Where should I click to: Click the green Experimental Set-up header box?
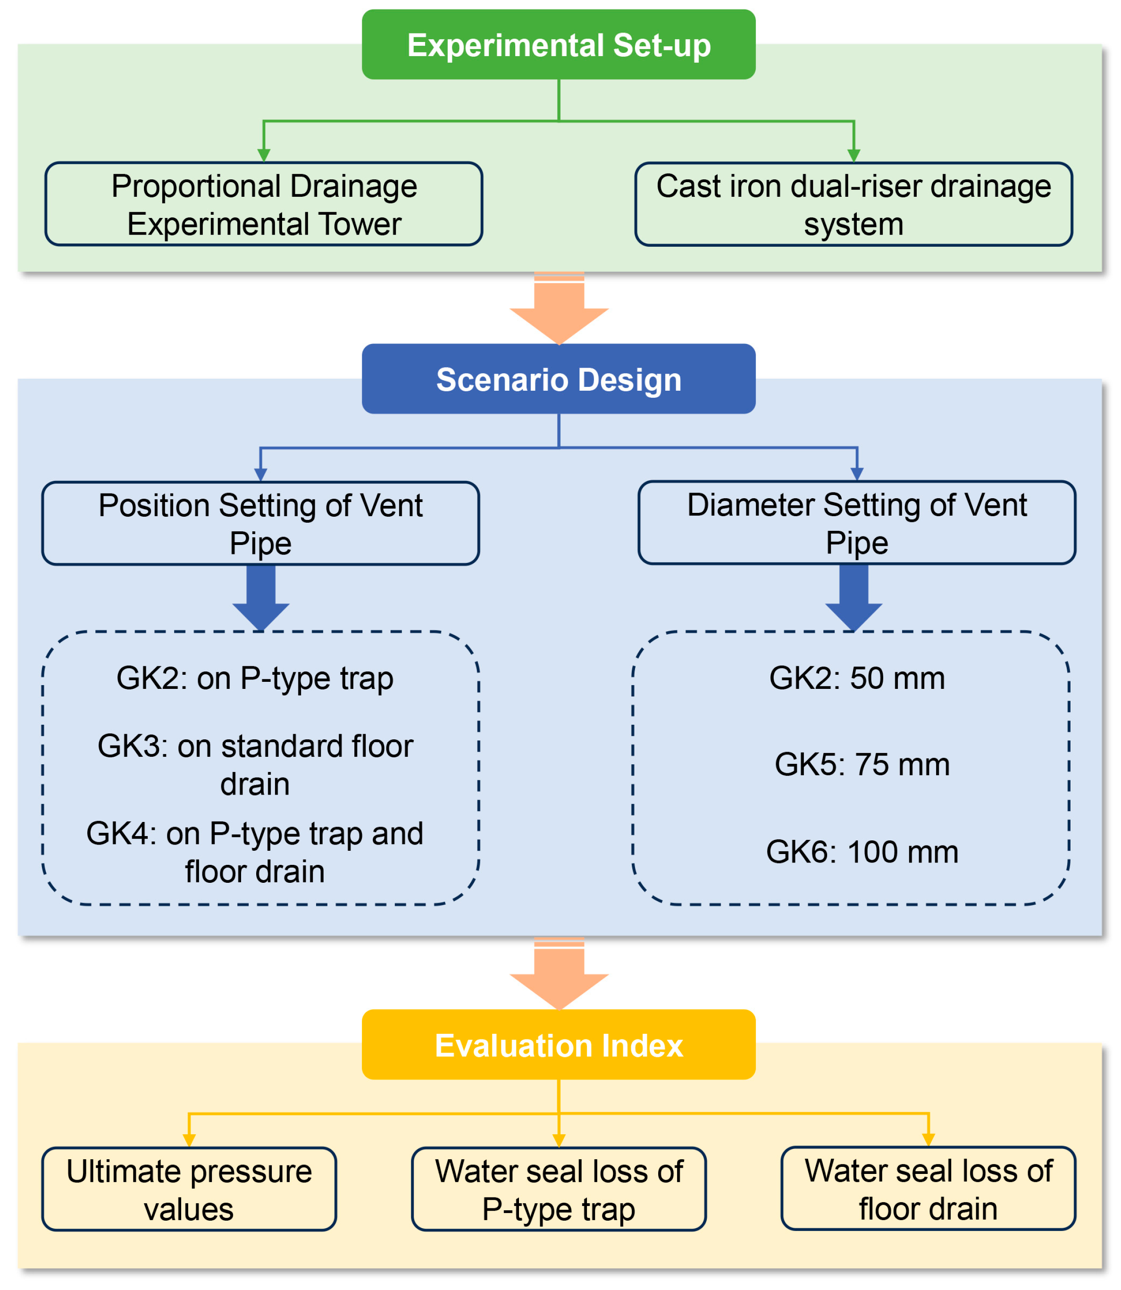point(559,44)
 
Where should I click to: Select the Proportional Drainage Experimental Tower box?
point(263,204)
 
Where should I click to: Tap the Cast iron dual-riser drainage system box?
point(853,204)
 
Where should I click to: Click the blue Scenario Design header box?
point(559,378)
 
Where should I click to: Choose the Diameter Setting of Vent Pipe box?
point(856,522)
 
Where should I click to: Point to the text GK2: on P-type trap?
point(255,678)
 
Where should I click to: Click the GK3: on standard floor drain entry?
point(255,764)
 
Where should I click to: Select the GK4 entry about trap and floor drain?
point(255,852)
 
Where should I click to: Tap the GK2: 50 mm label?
point(856,678)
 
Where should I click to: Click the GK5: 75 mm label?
point(862,764)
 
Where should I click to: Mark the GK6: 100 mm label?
point(862,852)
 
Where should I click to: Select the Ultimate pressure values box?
point(189,1189)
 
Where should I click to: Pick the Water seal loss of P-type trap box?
point(559,1189)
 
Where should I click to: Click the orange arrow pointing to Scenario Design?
point(559,310)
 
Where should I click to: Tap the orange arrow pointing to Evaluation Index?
point(559,975)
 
